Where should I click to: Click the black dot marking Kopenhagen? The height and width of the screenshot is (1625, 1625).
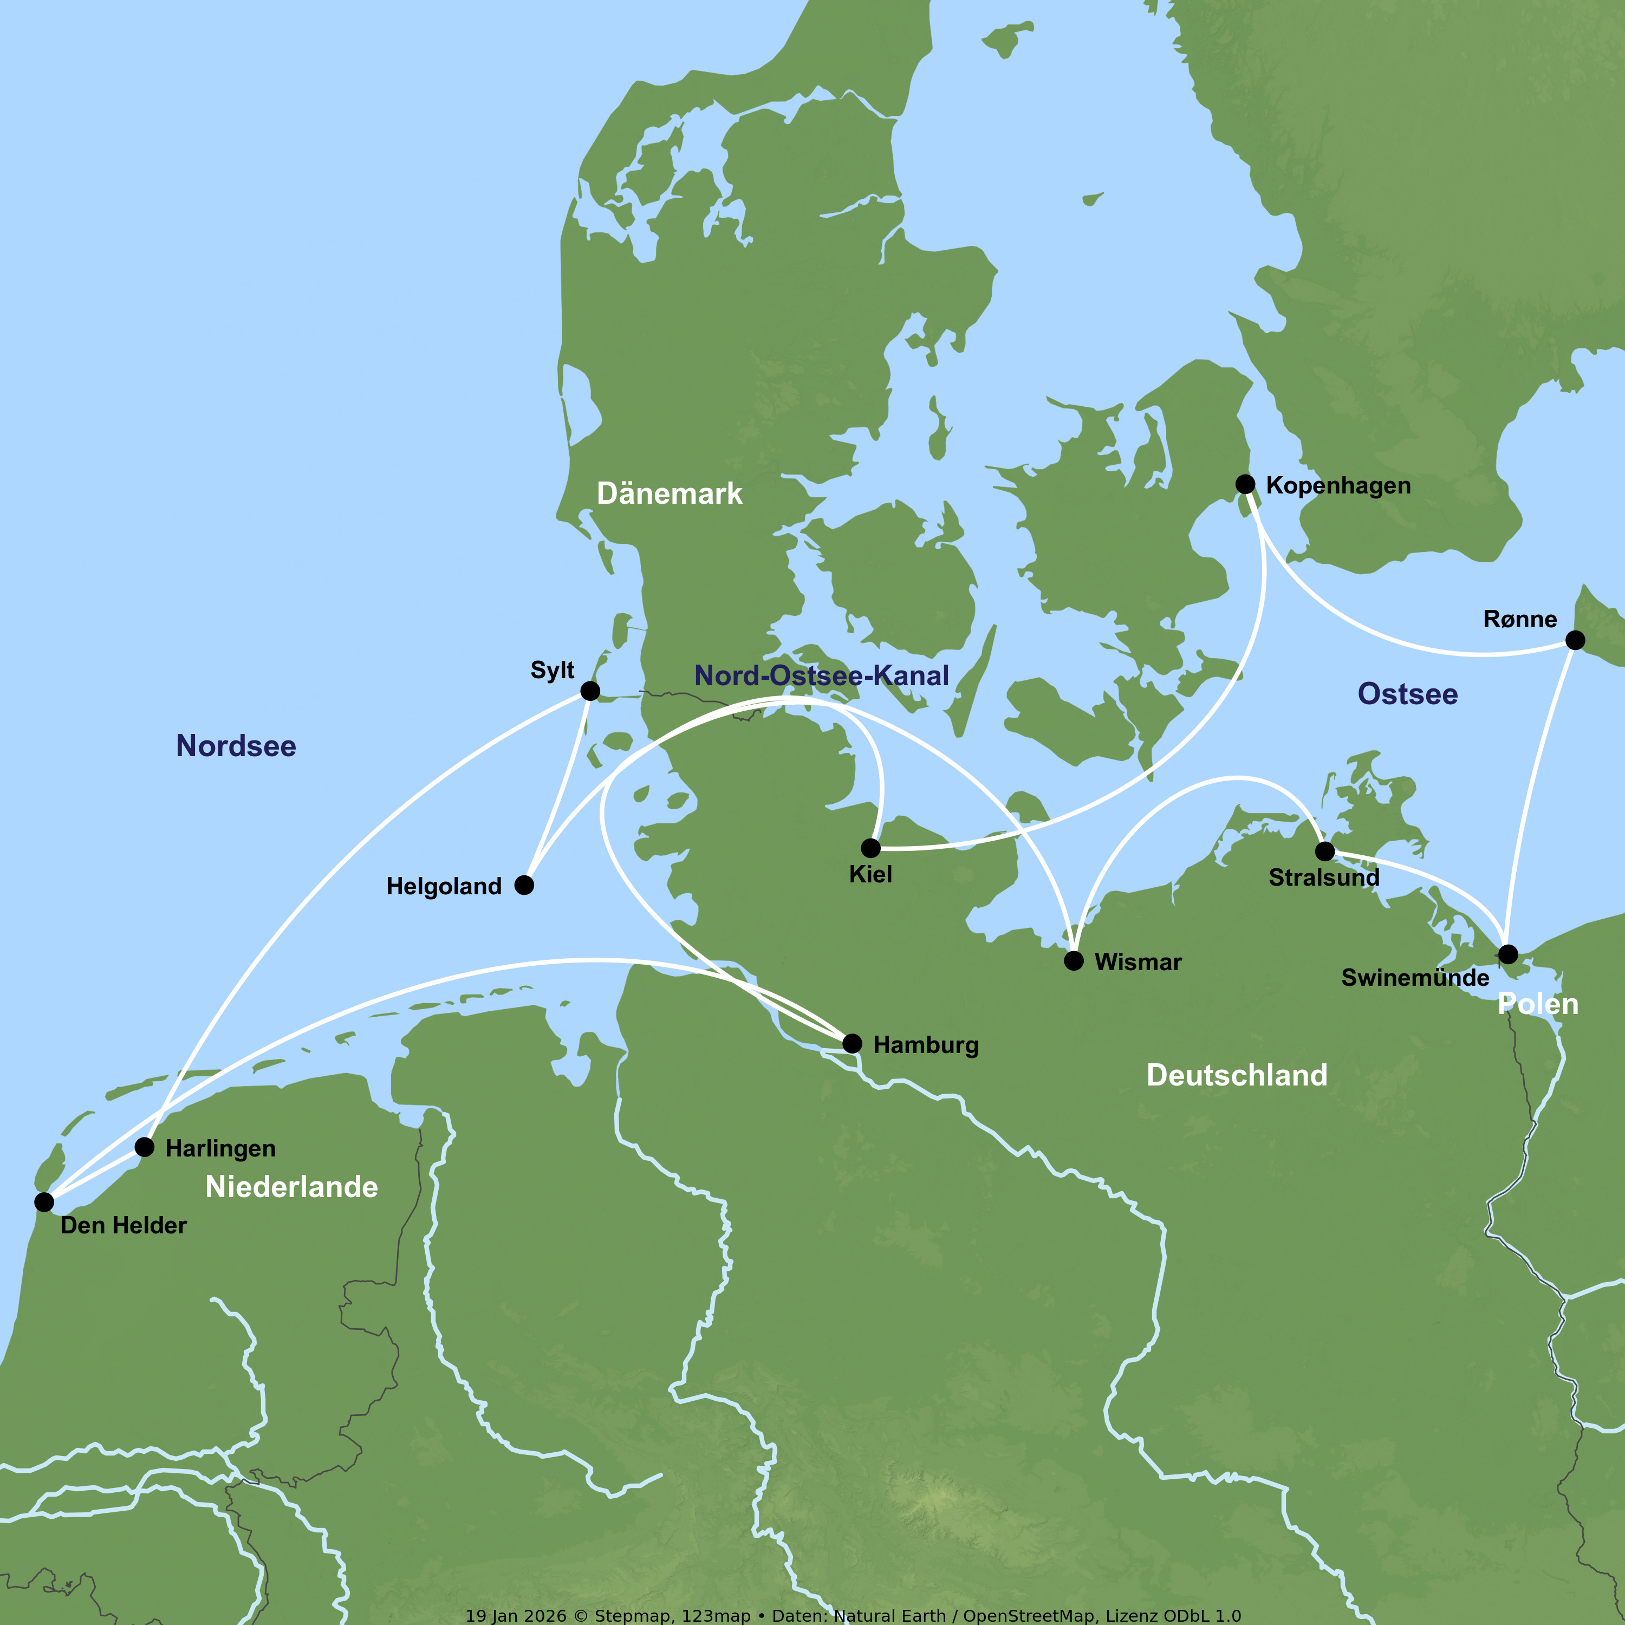pos(1245,484)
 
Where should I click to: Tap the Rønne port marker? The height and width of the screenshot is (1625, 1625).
pos(1575,640)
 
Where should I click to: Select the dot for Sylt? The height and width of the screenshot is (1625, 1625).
pos(590,691)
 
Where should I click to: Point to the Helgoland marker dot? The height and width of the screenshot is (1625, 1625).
pos(524,885)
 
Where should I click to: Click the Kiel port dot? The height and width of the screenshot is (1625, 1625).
pos(870,847)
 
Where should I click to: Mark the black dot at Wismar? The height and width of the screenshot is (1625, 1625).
pos(1073,960)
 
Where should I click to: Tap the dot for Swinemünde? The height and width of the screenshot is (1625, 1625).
pos(1508,954)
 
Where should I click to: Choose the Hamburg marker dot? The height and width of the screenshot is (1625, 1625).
pos(852,1043)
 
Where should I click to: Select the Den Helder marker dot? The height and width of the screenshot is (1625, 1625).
pos(44,1202)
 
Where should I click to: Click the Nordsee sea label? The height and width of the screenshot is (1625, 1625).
pos(236,746)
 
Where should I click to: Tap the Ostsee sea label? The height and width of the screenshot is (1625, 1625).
pos(1407,694)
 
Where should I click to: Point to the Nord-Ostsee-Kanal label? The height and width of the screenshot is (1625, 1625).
pos(821,675)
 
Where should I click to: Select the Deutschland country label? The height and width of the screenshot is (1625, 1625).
pos(1237,1075)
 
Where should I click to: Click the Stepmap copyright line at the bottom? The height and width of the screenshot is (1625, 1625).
pos(853,1615)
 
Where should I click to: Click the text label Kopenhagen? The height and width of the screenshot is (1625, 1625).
pos(1337,485)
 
